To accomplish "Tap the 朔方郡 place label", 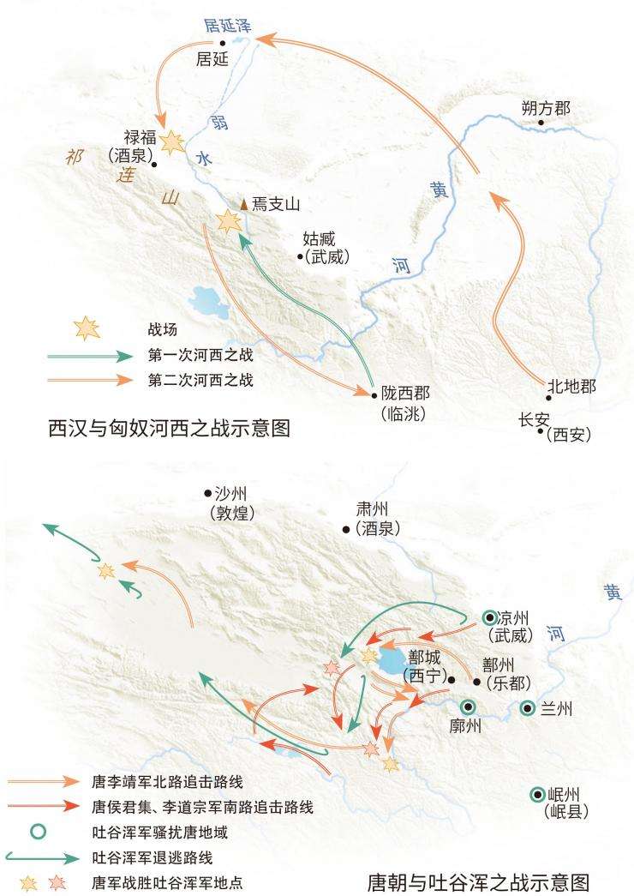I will click(x=545, y=109).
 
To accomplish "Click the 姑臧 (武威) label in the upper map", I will click(x=325, y=246).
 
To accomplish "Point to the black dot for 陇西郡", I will click(x=374, y=395).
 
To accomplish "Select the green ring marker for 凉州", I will click(x=489, y=616).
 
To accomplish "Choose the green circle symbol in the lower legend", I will click(x=38, y=831).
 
